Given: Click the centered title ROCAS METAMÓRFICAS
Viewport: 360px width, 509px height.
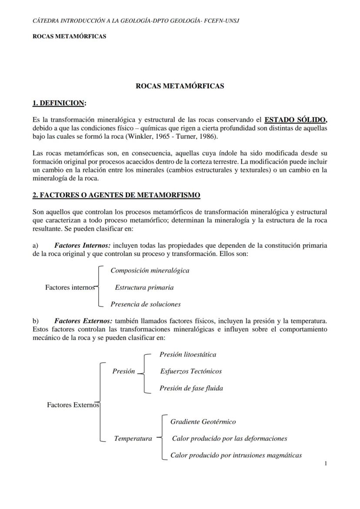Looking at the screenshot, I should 180,86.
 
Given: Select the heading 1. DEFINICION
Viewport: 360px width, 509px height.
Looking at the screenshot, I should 59,103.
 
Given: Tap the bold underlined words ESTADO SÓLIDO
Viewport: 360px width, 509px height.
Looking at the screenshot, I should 295,120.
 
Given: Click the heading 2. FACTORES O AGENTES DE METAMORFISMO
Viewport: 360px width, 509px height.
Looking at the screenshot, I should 117,195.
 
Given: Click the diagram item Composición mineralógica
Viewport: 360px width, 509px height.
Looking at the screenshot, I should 150,270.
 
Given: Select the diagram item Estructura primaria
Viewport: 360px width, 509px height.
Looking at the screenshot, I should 144,287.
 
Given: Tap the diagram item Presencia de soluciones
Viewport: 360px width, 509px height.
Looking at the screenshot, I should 146,304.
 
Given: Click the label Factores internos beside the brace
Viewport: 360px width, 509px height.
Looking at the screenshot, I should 70,287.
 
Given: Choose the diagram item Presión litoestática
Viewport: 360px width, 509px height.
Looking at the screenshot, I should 188,354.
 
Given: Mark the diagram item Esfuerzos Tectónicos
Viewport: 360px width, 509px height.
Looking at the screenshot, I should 191,371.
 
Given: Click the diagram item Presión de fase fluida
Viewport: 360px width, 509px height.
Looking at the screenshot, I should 191,388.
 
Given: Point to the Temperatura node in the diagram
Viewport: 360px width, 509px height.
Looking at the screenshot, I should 133,439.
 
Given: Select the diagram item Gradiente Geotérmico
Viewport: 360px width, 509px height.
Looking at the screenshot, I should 203,422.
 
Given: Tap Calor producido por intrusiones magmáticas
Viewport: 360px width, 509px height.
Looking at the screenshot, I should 236,456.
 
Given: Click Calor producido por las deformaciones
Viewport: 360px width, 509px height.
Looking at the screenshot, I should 230,439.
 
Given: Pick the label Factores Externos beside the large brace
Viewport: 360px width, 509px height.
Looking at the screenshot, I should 73,405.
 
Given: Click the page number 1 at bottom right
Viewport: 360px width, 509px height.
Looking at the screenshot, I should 326,464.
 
